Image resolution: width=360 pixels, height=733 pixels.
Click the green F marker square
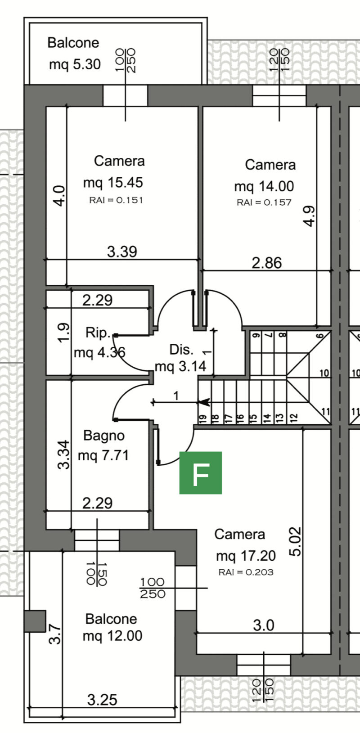click(x=201, y=473)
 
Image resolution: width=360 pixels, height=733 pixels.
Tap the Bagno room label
click(x=104, y=436)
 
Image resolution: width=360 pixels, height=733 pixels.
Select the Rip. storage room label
click(x=98, y=333)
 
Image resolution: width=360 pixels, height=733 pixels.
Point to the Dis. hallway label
click(x=181, y=350)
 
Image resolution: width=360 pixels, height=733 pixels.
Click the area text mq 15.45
click(x=113, y=183)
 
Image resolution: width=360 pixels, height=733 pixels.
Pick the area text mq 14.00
click(x=264, y=187)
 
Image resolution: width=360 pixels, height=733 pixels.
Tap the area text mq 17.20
click(x=246, y=556)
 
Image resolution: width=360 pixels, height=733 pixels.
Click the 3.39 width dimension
click(x=122, y=252)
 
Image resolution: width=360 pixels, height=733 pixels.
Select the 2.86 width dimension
click(x=267, y=263)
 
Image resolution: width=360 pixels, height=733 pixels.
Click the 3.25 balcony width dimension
click(x=102, y=700)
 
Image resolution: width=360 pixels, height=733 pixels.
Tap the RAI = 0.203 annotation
click(x=246, y=572)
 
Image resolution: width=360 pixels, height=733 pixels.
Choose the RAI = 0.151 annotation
click(x=116, y=200)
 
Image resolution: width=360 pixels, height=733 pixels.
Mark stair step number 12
click(x=293, y=418)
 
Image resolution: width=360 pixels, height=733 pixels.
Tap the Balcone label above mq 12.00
click(x=111, y=619)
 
